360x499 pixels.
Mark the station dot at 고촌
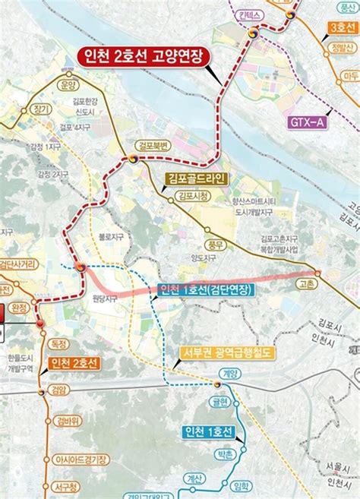click(x=317, y=273)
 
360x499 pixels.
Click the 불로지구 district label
click(x=111, y=237)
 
